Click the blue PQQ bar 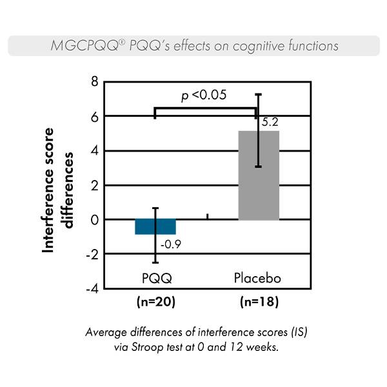(x=155, y=227)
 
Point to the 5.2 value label (x=269, y=121)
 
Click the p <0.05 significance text (x=203, y=95)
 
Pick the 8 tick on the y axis (x=94, y=82)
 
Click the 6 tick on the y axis (x=94, y=116)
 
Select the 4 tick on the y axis (x=94, y=151)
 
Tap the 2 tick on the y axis (x=94, y=186)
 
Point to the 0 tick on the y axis (x=94, y=220)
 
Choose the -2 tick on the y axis (x=92, y=254)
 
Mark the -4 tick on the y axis (x=92, y=289)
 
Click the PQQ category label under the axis (x=155, y=278)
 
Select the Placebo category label (x=257, y=278)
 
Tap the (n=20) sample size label (x=155, y=302)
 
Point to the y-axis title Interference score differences (x=56, y=189)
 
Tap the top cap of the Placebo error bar (x=258, y=94)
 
